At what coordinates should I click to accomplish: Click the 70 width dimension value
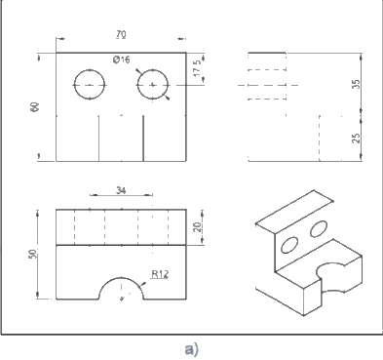121,34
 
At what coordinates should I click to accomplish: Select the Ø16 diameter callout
122,60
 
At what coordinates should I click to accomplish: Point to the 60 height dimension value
35,107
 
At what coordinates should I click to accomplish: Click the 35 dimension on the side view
357,84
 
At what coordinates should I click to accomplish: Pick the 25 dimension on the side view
357,139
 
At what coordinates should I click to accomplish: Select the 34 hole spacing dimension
121,190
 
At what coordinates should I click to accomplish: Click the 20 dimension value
197,226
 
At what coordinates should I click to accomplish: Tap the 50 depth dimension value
33,254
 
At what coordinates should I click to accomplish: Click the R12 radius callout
160,274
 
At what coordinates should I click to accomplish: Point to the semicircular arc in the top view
121,277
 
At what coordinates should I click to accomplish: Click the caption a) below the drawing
191,349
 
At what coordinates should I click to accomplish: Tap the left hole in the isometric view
289,245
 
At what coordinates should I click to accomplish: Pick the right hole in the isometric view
319,228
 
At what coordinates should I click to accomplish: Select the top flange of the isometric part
294,212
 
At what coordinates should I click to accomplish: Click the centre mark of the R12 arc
122,299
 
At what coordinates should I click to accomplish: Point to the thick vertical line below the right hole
143,138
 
